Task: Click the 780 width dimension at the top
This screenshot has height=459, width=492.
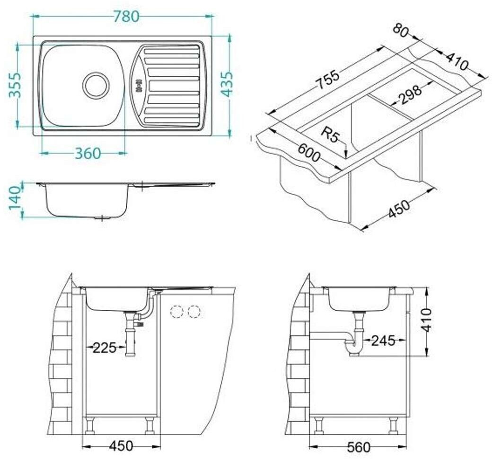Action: point(126,17)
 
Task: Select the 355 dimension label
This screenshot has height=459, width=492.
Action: point(15,85)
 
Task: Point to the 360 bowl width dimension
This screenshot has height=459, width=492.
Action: point(88,153)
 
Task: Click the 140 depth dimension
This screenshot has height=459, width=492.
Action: point(15,198)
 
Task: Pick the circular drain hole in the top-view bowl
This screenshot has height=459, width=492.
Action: point(96,85)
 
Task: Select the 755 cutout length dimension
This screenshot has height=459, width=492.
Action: point(327,80)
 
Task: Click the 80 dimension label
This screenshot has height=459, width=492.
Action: point(400,31)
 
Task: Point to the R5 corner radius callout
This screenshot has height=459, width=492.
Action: point(330,135)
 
